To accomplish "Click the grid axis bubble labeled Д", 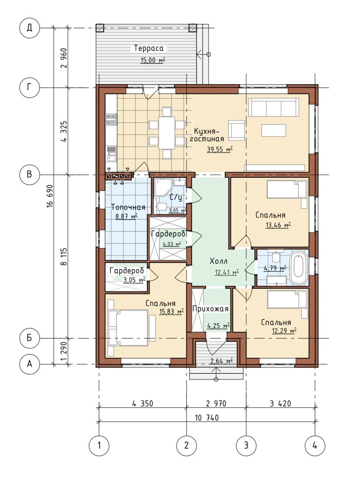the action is point(29,28).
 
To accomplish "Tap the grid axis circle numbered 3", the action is point(246,446).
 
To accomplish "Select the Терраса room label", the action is point(148,48).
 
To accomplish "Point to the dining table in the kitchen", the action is point(166,133).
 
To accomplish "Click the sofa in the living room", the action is point(274,107).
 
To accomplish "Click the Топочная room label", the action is point(128,207).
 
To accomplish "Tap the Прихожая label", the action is point(210,309).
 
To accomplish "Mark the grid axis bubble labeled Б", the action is point(29,338).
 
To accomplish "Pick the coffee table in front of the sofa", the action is point(273,130).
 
